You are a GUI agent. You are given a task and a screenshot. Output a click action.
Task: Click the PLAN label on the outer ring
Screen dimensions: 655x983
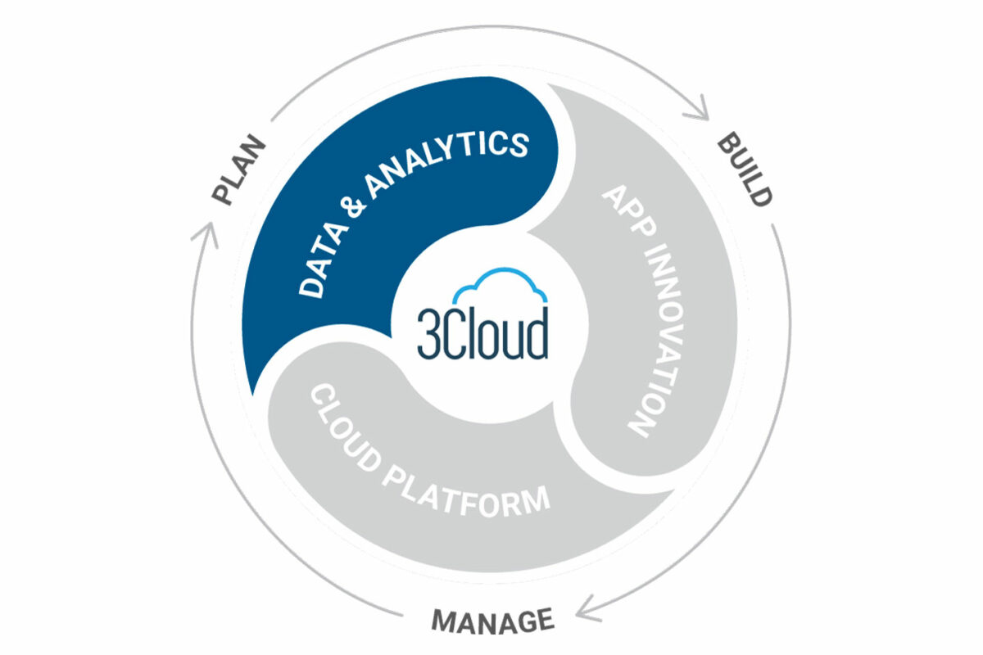(x=240, y=169)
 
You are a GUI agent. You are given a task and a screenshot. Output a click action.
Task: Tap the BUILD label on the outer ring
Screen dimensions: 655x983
(x=745, y=170)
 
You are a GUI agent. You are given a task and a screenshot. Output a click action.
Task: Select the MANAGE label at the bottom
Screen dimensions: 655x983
(x=492, y=621)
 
